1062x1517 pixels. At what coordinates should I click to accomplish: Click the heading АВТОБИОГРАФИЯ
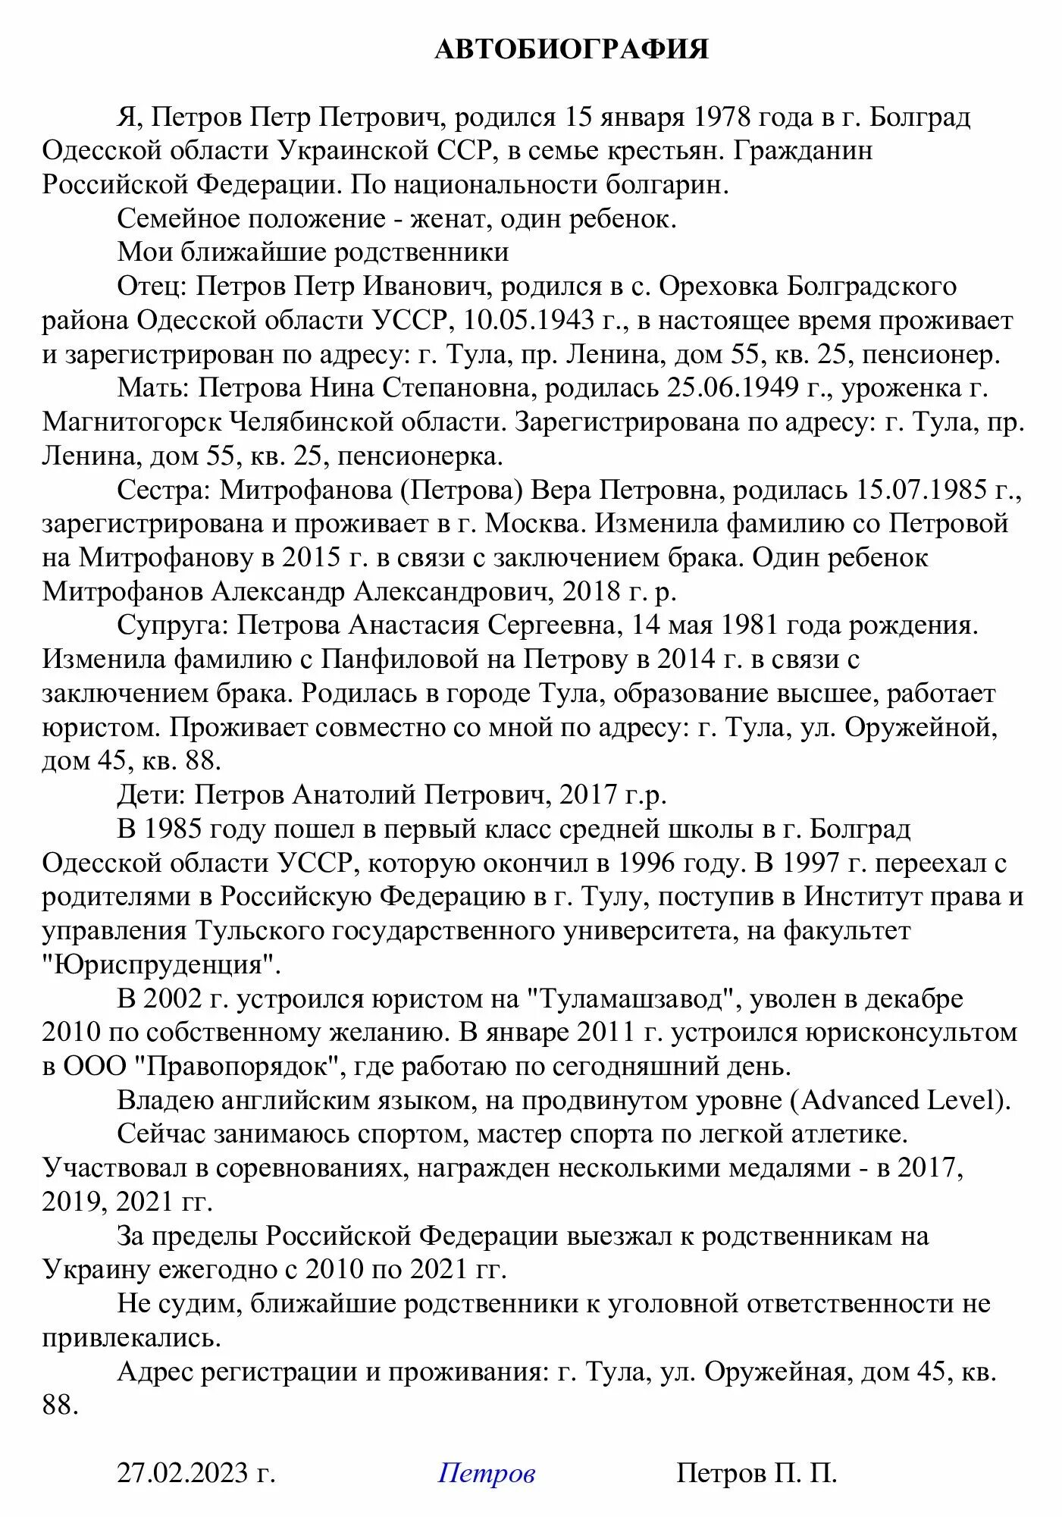[572, 49]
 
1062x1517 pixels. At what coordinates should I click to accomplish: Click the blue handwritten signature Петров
[487, 1472]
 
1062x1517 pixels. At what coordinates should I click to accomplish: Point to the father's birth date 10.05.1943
[529, 320]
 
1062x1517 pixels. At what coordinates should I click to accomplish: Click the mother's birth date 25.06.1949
[732, 387]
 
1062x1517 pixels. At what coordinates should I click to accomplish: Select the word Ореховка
[719, 287]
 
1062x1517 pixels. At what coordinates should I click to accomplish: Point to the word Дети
[149, 795]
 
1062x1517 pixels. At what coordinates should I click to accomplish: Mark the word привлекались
[131, 1337]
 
